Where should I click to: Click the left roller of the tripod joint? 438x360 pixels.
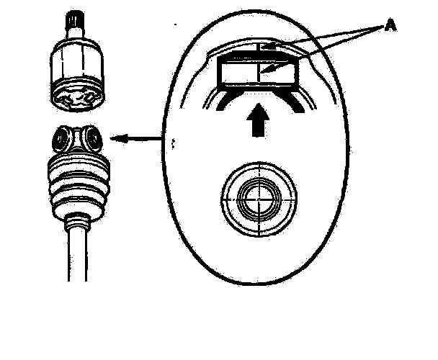point(61,138)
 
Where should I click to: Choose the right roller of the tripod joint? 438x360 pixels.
point(91,138)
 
